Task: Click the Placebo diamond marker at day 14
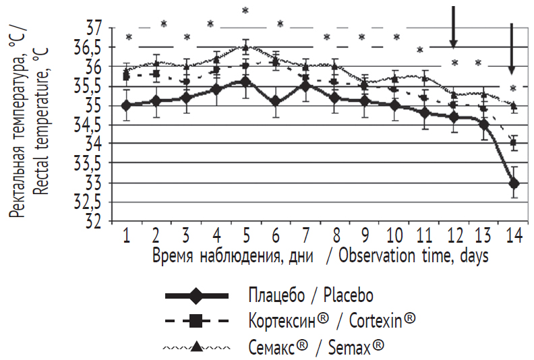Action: [514, 183]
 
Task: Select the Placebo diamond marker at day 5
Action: [245, 82]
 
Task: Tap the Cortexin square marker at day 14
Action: [514, 143]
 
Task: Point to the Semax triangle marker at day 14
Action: [514, 105]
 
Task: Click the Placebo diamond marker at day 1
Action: [126, 104]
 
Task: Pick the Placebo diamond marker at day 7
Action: [305, 86]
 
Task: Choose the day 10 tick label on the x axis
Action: [394, 235]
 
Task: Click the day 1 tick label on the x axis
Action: [126, 235]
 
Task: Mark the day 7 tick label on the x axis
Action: [305, 235]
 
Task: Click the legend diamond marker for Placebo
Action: [196, 296]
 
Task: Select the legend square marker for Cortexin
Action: [196, 322]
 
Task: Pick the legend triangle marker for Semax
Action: [196, 347]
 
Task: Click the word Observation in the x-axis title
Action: [376, 256]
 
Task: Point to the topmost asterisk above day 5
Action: [245, 10]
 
